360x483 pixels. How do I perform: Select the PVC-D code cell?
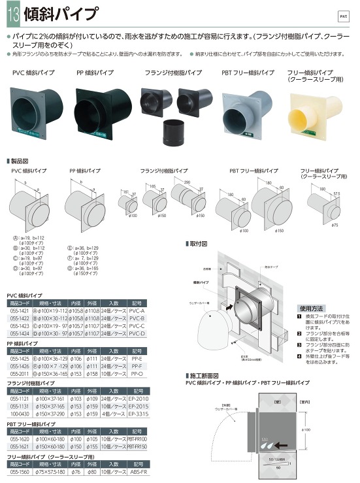(137, 333)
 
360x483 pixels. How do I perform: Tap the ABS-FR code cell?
(137, 471)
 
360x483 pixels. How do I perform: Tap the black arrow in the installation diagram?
(230, 305)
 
